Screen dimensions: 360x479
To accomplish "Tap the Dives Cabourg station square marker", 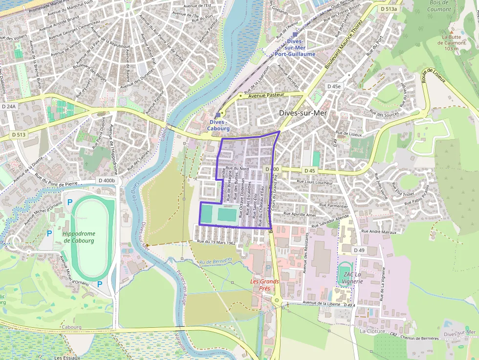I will (218, 115).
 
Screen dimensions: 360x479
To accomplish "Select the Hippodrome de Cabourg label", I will (79, 237).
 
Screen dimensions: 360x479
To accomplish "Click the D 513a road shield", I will (390, 9).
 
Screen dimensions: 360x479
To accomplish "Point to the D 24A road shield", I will (9, 106).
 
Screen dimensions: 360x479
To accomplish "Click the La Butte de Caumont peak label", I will (453, 42).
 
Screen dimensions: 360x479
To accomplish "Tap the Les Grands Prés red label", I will (264, 285).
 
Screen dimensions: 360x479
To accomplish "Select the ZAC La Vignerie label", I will (352, 277).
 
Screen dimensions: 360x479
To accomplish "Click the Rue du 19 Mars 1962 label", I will (216, 242).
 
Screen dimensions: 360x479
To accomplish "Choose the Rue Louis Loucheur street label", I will (315, 183).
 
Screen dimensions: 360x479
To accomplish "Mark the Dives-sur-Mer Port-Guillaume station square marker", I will (295, 34).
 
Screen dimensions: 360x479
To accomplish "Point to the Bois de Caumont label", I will (439, 6).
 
